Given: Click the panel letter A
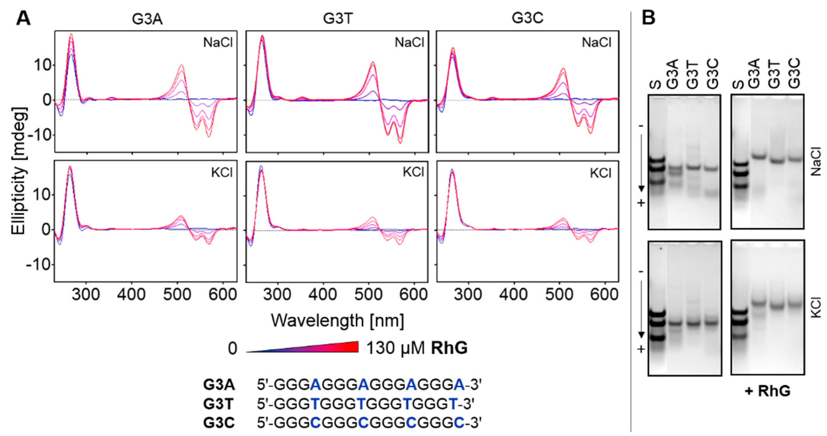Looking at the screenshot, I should pyautogui.click(x=23, y=18).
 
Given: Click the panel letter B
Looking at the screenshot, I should pyautogui.click(x=648, y=18).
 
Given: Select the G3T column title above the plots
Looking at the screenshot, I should pyautogui.click(x=338, y=19).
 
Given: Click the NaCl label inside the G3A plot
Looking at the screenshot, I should pyautogui.click(x=218, y=43).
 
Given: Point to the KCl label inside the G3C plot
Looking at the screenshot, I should pyautogui.click(x=601, y=173).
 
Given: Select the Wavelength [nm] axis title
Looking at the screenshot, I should pyautogui.click(x=337, y=320).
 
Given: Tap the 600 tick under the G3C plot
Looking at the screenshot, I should pyautogui.click(x=605, y=294).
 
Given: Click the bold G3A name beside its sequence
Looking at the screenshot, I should pyautogui.click(x=219, y=385).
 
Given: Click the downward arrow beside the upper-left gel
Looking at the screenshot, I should pyautogui.click(x=641, y=164).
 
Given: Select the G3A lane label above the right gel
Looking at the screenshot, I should pyautogui.click(x=755, y=73).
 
